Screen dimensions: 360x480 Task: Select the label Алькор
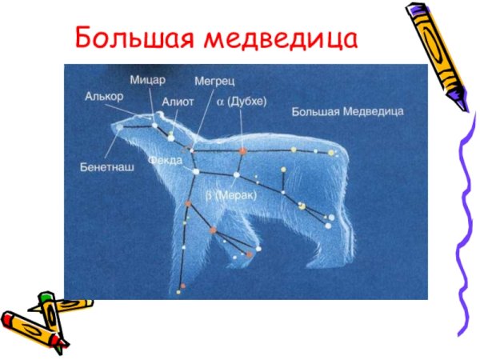click(x=103, y=96)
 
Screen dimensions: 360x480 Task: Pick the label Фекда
click(x=165, y=160)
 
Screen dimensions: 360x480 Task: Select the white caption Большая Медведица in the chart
click(x=346, y=111)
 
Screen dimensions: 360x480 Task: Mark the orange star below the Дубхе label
click(x=242, y=150)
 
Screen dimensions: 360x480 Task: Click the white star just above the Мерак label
click(x=236, y=174)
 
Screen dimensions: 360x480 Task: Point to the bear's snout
click(x=116, y=128)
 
